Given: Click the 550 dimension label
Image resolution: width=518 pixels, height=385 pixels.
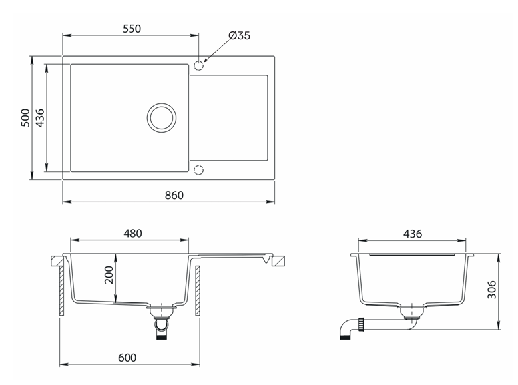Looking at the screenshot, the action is tap(132, 29).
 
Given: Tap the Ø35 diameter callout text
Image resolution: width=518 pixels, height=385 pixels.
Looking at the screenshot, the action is tap(239, 35).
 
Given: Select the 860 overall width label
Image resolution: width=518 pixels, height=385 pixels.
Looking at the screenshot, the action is tap(174, 195).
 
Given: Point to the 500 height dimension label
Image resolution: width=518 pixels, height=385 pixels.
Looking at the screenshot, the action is tap(25, 117).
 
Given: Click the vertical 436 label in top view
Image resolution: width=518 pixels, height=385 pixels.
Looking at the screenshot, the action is tap(40, 118).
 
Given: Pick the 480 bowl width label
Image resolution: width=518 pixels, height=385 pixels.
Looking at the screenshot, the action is tap(132, 234).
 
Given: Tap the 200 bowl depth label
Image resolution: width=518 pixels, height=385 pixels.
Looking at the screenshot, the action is tap(109, 274).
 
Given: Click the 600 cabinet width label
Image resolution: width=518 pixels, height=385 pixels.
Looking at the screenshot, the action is tap(127, 358).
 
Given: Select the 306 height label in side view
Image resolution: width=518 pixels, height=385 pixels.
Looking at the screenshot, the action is tap(492, 290).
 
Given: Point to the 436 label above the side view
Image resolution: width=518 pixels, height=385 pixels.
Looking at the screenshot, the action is tap(413, 234).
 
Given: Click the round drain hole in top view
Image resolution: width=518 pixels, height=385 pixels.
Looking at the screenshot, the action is tap(162, 117).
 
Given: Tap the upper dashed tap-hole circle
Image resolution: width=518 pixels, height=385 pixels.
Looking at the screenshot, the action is tap(198, 66).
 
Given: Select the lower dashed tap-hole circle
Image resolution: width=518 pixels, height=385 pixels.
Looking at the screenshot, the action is tap(198, 170).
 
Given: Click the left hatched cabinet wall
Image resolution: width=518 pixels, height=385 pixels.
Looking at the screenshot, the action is tap(61, 291).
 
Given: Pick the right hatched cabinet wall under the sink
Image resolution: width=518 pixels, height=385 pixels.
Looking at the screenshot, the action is tap(198, 291).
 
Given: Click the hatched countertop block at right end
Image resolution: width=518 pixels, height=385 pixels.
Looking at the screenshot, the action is tap(278, 261).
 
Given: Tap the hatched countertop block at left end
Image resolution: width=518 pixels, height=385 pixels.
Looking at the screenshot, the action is tap(57, 260).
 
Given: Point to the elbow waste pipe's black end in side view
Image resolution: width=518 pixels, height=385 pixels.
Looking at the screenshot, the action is tap(344, 337).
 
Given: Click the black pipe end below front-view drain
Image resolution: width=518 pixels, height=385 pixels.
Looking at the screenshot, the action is tap(162, 337).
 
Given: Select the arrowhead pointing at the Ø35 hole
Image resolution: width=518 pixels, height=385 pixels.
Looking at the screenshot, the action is tap(206, 59).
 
